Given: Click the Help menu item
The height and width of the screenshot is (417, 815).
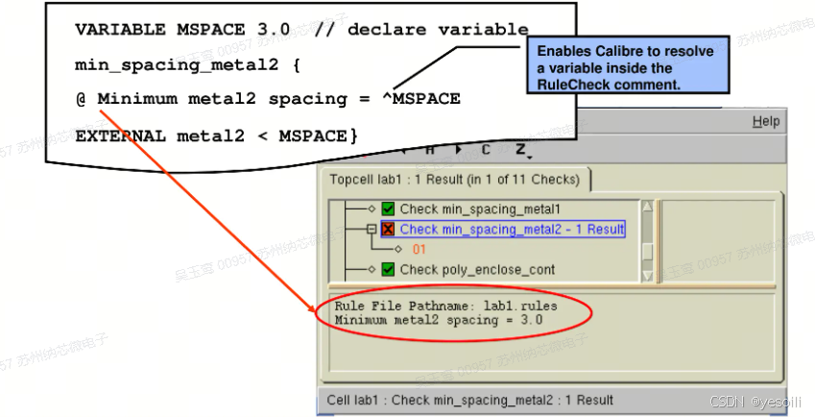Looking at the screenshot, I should [765, 122].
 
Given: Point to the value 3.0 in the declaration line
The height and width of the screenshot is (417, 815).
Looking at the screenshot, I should [274, 30].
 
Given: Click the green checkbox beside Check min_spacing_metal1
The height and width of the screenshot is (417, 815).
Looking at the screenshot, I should [388, 208].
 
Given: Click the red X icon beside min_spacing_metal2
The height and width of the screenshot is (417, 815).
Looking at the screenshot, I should [388, 229].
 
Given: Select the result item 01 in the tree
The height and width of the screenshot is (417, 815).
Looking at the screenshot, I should [419, 249].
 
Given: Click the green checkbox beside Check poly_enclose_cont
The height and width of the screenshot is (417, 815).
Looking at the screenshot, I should [388, 269].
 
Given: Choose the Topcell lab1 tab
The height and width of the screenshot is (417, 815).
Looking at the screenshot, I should [454, 180].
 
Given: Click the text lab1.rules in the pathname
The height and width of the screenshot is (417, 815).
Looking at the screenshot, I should [521, 307].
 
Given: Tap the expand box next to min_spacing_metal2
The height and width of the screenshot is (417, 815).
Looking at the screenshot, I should [371, 229].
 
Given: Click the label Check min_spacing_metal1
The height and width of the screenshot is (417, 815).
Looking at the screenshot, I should [479, 208].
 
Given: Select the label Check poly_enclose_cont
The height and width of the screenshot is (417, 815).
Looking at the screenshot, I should [477, 269].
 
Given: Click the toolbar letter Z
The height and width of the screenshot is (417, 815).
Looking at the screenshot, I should [520, 150].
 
